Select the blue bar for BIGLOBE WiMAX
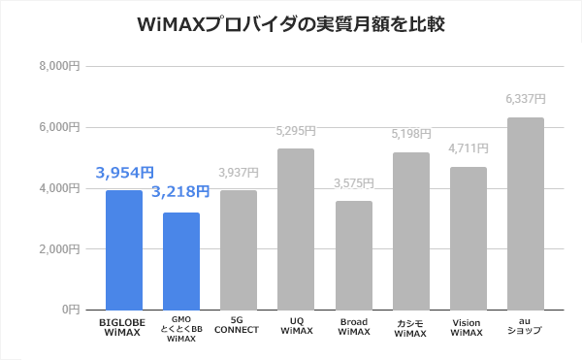[123, 249]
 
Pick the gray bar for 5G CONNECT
[239, 249]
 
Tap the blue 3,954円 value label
[124, 173]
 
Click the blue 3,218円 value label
[180, 191]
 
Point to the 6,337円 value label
[526, 100]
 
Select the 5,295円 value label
[296, 131]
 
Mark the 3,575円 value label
[353, 183]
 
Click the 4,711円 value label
[469, 148]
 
